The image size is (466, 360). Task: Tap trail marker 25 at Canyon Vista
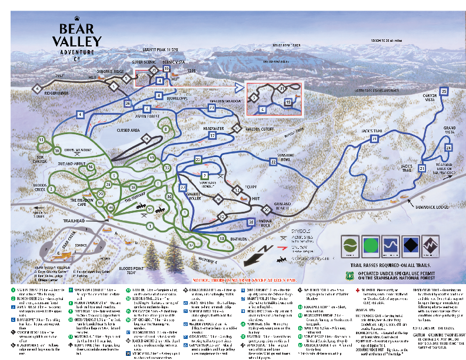point(444,91)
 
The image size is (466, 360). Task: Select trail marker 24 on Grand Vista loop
point(447,143)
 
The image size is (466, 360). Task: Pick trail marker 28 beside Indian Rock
point(251,221)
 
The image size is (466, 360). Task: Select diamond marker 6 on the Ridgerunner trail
point(38,89)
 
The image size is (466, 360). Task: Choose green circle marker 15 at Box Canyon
point(41,140)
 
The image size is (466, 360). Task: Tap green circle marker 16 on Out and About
point(91,167)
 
